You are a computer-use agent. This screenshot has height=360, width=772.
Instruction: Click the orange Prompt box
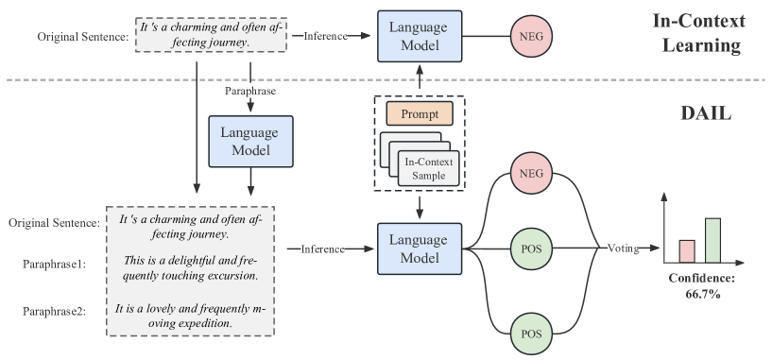[420, 114]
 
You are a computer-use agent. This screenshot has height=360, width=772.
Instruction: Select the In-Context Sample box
[429, 167]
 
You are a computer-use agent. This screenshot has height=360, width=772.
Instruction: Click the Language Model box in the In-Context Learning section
[420, 36]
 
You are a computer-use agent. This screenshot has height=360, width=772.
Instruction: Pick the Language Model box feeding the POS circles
[420, 249]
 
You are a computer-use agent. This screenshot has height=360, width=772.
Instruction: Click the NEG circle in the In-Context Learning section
[532, 37]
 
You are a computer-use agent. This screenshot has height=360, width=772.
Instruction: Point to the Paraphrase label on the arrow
[249, 92]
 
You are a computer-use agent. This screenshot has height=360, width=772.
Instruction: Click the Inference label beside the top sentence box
[325, 36]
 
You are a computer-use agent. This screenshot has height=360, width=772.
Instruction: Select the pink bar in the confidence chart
[687, 250]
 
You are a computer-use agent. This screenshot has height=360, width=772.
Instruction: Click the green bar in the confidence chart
[712, 240]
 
